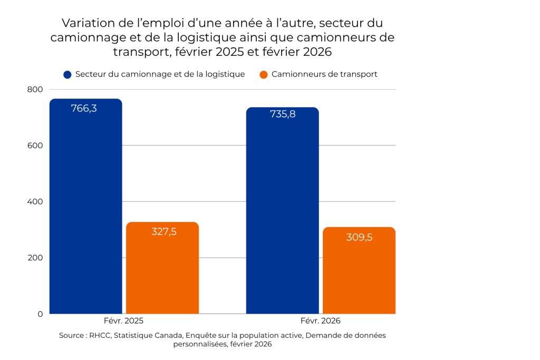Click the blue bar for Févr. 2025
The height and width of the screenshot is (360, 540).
[86, 211]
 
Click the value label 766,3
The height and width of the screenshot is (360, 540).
[84, 109]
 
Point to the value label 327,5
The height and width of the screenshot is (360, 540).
[163, 232]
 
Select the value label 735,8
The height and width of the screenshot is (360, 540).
[283, 114]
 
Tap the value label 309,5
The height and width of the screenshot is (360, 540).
[359, 237]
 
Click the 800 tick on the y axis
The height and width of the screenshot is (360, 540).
[35, 90]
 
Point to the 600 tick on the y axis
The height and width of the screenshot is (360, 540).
[35, 145]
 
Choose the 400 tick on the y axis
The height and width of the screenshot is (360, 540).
[35, 202]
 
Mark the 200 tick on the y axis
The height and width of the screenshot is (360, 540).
[35, 258]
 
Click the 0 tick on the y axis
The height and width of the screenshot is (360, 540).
[40, 314]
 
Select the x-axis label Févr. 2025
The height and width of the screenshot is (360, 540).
[123, 320]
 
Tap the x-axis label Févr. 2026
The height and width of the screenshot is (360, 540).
[321, 320]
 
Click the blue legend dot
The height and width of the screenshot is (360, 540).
[67, 74]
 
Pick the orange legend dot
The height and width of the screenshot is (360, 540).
[264, 74]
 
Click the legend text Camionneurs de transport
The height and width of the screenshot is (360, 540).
[324, 74]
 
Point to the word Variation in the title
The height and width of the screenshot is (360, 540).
[85, 24]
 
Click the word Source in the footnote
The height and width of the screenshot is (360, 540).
[71, 335]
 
